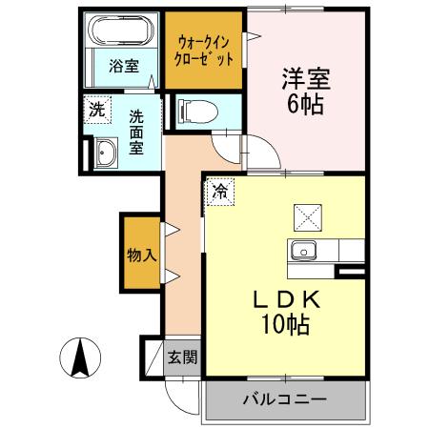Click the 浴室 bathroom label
click(x=123, y=69)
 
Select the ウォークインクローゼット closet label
click(x=205, y=48)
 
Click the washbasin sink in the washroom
click(x=104, y=153)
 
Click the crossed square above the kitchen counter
click(x=309, y=217)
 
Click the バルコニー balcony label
click(x=283, y=399)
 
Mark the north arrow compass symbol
click(x=80, y=359)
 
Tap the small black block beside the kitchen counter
click(x=350, y=273)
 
